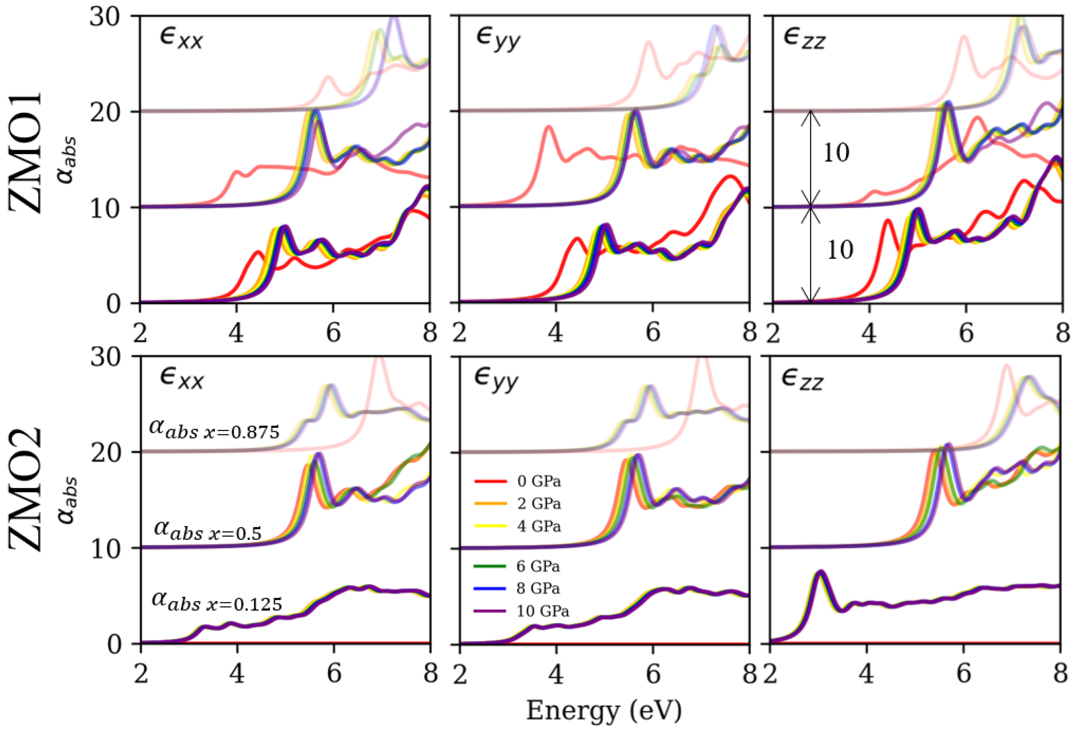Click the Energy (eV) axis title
tap(604, 711)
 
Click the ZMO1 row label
tap(26, 153)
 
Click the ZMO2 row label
tap(26, 490)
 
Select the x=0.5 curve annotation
tap(208, 530)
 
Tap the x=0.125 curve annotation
tap(217, 601)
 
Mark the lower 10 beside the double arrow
tap(840, 250)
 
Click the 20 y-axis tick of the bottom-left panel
tap(105, 452)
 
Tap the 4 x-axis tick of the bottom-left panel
tap(237, 673)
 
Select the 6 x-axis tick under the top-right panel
tap(966, 333)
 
